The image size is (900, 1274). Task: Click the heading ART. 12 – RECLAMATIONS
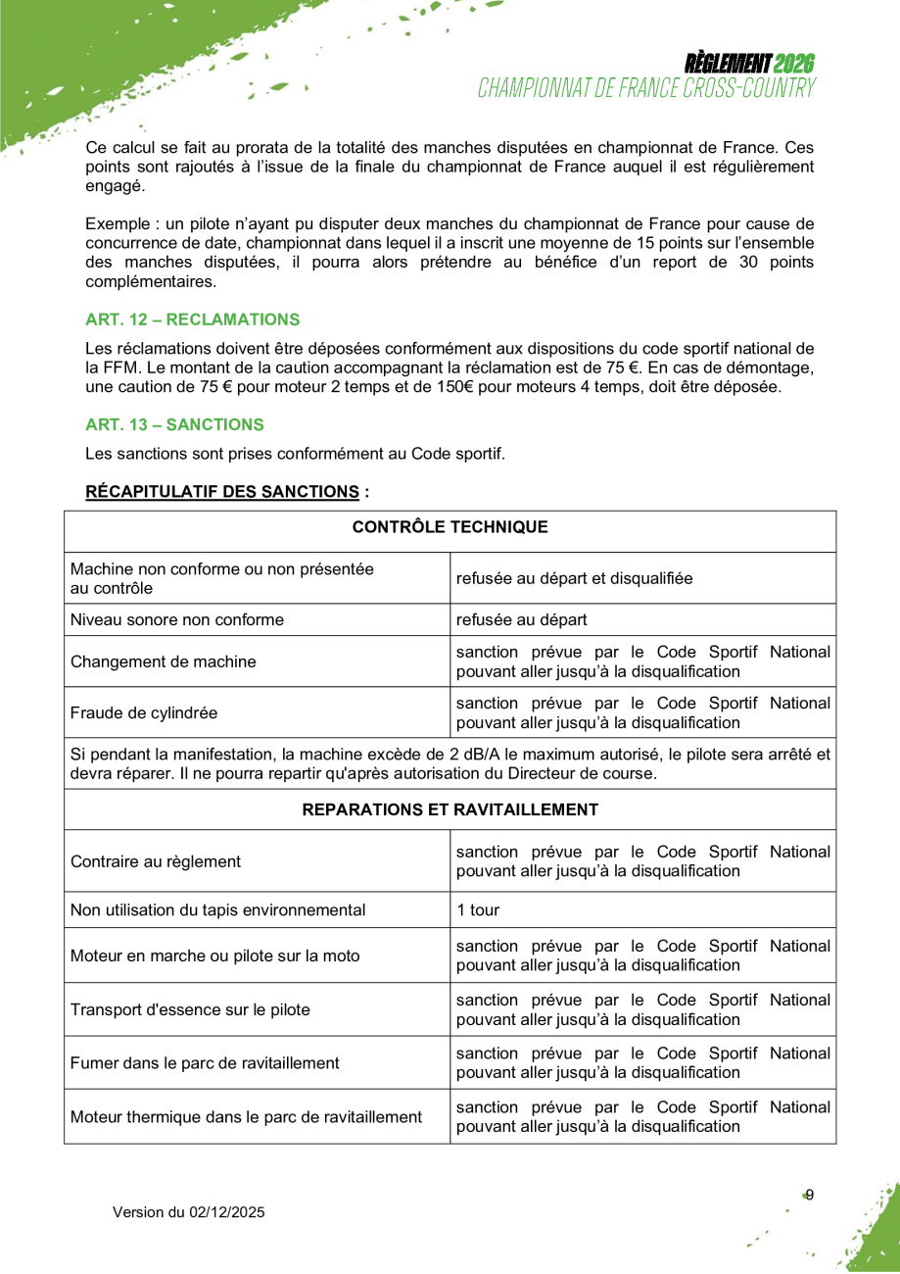click(192, 319)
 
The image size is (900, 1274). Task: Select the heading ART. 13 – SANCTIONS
click(174, 424)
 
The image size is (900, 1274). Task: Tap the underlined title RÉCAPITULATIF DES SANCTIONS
click(222, 491)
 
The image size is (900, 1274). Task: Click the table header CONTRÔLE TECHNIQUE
click(450, 527)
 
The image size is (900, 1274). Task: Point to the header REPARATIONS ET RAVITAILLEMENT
click(450, 809)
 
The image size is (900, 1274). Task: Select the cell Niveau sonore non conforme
click(177, 619)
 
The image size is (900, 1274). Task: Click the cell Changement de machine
click(164, 661)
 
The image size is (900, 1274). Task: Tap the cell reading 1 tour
click(478, 909)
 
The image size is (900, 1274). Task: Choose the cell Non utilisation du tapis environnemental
click(217, 909)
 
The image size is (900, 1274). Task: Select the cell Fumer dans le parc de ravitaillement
click(205, 1062)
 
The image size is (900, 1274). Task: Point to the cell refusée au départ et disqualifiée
click(574, 578)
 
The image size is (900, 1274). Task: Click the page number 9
click(809, 1194)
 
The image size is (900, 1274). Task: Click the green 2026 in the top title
click(794, 64)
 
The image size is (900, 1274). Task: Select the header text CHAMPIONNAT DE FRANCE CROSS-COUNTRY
click(646, 88)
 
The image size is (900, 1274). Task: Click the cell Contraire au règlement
click(156, 861)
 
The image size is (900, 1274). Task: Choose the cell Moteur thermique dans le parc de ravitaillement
click(246, 1116)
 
